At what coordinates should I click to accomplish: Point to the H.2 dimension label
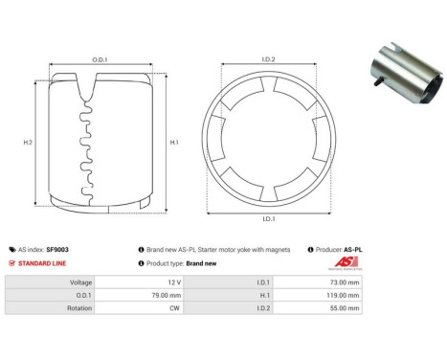[29, 142]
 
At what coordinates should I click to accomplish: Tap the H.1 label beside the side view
[173, 142]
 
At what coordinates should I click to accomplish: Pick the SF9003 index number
[57, 248]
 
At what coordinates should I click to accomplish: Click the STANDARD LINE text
[45, 262]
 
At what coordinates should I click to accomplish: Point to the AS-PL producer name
[352, 248]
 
